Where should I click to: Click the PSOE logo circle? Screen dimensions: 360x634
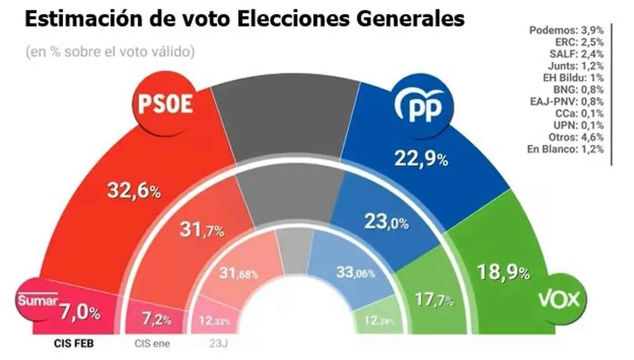(x=165, y=104)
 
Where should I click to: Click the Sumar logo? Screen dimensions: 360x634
(x=37, y=300)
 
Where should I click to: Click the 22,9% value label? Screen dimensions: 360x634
(x=422, y=159)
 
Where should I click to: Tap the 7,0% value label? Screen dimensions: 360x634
(x=79, y=312)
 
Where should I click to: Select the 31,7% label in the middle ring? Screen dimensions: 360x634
(x=201, y=229)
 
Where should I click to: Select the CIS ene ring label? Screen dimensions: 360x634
(x=152, y=343)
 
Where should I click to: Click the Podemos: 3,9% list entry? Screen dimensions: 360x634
(x=566, y=31)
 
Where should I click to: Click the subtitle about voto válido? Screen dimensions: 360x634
(x=109, y=52)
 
